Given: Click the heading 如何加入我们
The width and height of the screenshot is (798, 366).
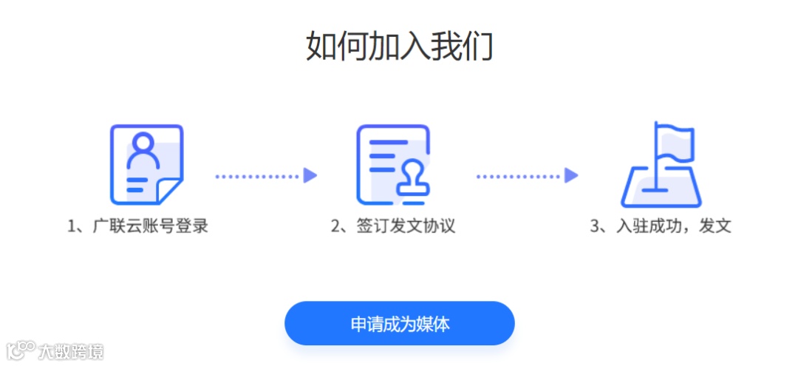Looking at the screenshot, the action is pos(399,47).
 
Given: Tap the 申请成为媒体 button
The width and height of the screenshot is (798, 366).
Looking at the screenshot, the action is pos(399,324).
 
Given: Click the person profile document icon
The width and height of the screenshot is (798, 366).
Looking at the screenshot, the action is pos(146,164).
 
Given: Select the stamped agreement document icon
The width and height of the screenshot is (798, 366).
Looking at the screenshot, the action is pos(392,164).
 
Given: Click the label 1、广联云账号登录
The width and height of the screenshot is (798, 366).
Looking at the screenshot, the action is pos(138,226).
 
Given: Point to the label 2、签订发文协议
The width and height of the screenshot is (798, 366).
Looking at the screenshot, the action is pos(392,226).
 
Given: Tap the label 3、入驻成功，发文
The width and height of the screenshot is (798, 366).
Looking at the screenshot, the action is pos(660,226).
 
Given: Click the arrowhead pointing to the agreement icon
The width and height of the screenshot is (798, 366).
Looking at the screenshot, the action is pos(310,176).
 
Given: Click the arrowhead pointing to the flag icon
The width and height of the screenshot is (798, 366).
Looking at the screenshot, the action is pos(571,176).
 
